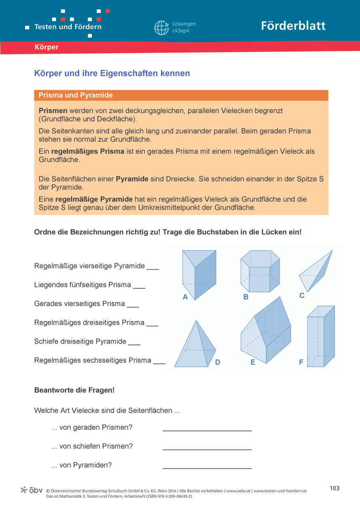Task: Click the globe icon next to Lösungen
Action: pos(161,27)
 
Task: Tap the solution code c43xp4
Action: pos(181,31)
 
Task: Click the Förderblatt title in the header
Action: pos(293,26)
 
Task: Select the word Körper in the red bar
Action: pos(47,47)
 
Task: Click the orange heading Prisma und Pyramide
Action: pos(76,95)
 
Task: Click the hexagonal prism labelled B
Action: pos(260,271)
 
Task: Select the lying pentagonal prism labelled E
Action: pos(266,332)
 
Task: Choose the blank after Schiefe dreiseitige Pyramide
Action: pos(134,344)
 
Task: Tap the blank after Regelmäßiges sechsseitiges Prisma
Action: pos(159,363)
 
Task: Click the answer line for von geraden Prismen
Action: pos(207,430)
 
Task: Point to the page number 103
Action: pos(335,488)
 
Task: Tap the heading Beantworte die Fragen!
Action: pos(74,390)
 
